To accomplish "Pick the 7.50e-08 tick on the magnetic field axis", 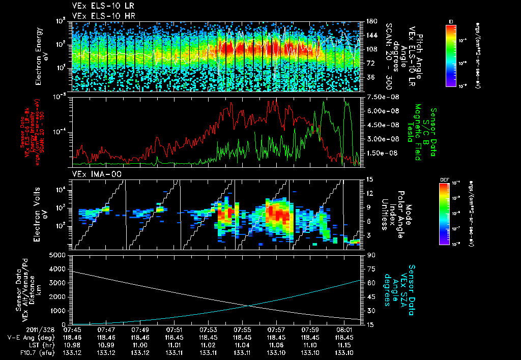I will [378, 97].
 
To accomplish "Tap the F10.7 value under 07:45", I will [71, 351].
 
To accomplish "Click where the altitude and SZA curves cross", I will [248, 305].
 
